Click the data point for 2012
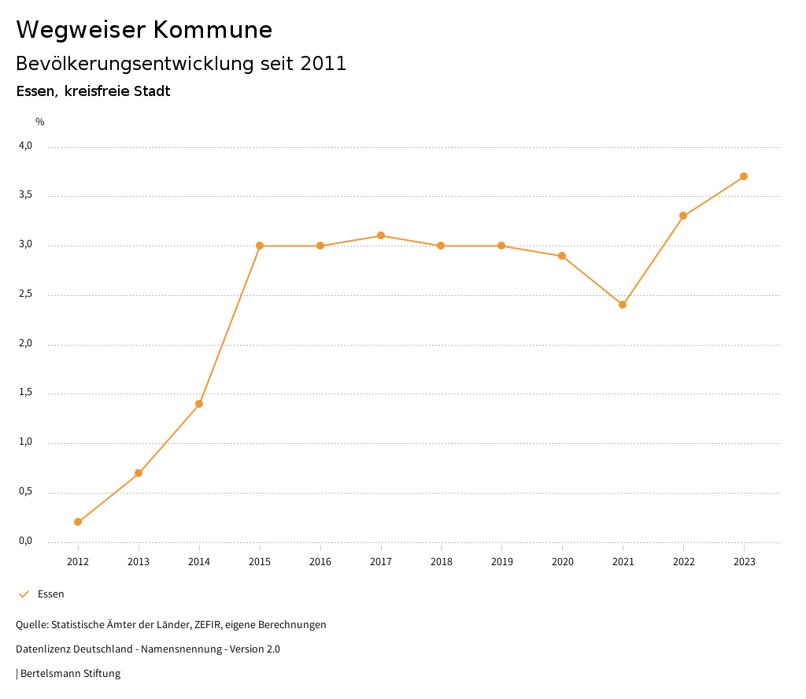coord(78,522)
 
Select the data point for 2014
coord(199,404)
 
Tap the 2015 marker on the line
coord(260,246)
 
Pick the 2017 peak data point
coord(381,235)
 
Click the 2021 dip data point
coord(623,305)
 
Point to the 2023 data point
coord(744,176)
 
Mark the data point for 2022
coord(683,216)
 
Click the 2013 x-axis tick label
coord(139,562)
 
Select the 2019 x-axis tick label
coord(501,562)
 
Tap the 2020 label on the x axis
coord(562,562)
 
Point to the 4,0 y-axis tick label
coord(26,146)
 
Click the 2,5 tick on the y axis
coord(26,294)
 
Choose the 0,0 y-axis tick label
coord(26,541)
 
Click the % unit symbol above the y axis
coord(40,122)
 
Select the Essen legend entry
coord(50,594)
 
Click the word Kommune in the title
coord(213,30)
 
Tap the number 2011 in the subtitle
coord(324,64)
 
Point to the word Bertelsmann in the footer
coord(50,674)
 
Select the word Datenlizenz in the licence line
coord(43,649)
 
